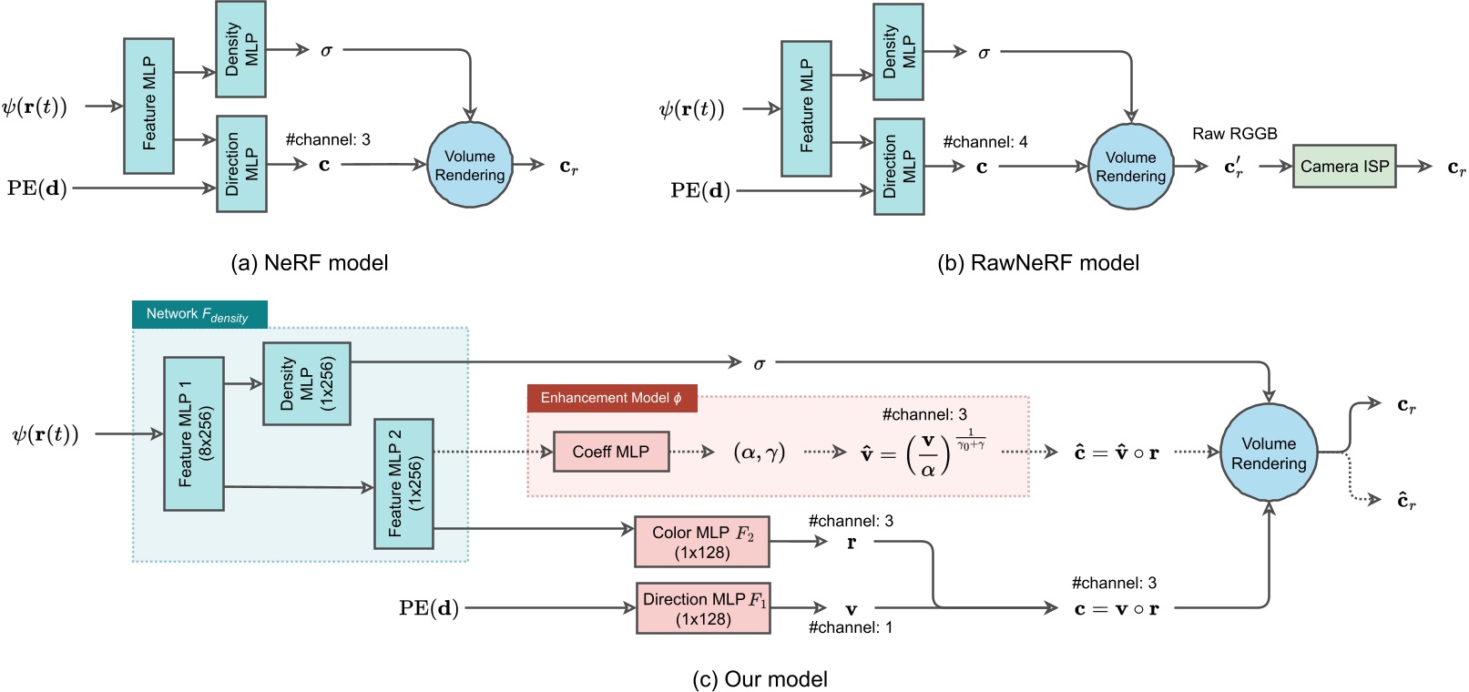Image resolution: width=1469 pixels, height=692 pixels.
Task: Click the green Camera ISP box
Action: pos(1343,166)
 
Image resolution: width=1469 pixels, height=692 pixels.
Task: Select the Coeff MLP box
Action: pos(610,452)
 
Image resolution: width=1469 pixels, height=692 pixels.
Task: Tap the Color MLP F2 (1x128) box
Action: pos(701,542)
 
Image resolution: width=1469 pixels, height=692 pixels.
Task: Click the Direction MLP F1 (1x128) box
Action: pos(703,608)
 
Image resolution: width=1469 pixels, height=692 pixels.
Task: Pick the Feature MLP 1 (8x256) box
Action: pos(194,433)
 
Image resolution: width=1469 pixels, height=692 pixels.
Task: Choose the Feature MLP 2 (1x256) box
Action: pos(403,483)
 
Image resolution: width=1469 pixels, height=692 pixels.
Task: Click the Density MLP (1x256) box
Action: pos(306,383)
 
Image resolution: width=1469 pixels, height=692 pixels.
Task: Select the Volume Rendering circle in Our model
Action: pos(1268,453)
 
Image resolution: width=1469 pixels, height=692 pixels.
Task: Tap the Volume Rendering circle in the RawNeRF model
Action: pos(1130,167)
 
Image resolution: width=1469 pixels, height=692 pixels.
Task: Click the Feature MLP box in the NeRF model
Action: pos(148,106)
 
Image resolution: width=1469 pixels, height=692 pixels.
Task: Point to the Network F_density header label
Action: pos(199,314)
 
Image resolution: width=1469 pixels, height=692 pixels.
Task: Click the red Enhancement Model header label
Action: pos(611,398)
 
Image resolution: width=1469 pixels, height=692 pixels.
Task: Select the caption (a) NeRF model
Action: pos(310,263)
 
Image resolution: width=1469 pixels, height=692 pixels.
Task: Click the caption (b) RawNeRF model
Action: pos(1037,263)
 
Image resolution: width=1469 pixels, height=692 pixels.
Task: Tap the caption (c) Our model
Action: pos(760,679)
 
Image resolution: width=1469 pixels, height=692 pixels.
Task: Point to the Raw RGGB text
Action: pos(1234,134)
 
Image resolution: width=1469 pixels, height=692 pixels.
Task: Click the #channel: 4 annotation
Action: pos(984,142)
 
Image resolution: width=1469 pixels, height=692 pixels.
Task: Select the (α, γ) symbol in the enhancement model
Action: pos(759,452)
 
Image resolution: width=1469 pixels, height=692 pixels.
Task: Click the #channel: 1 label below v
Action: pos(850,627)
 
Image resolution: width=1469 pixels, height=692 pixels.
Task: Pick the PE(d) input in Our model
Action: pos(428,608)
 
